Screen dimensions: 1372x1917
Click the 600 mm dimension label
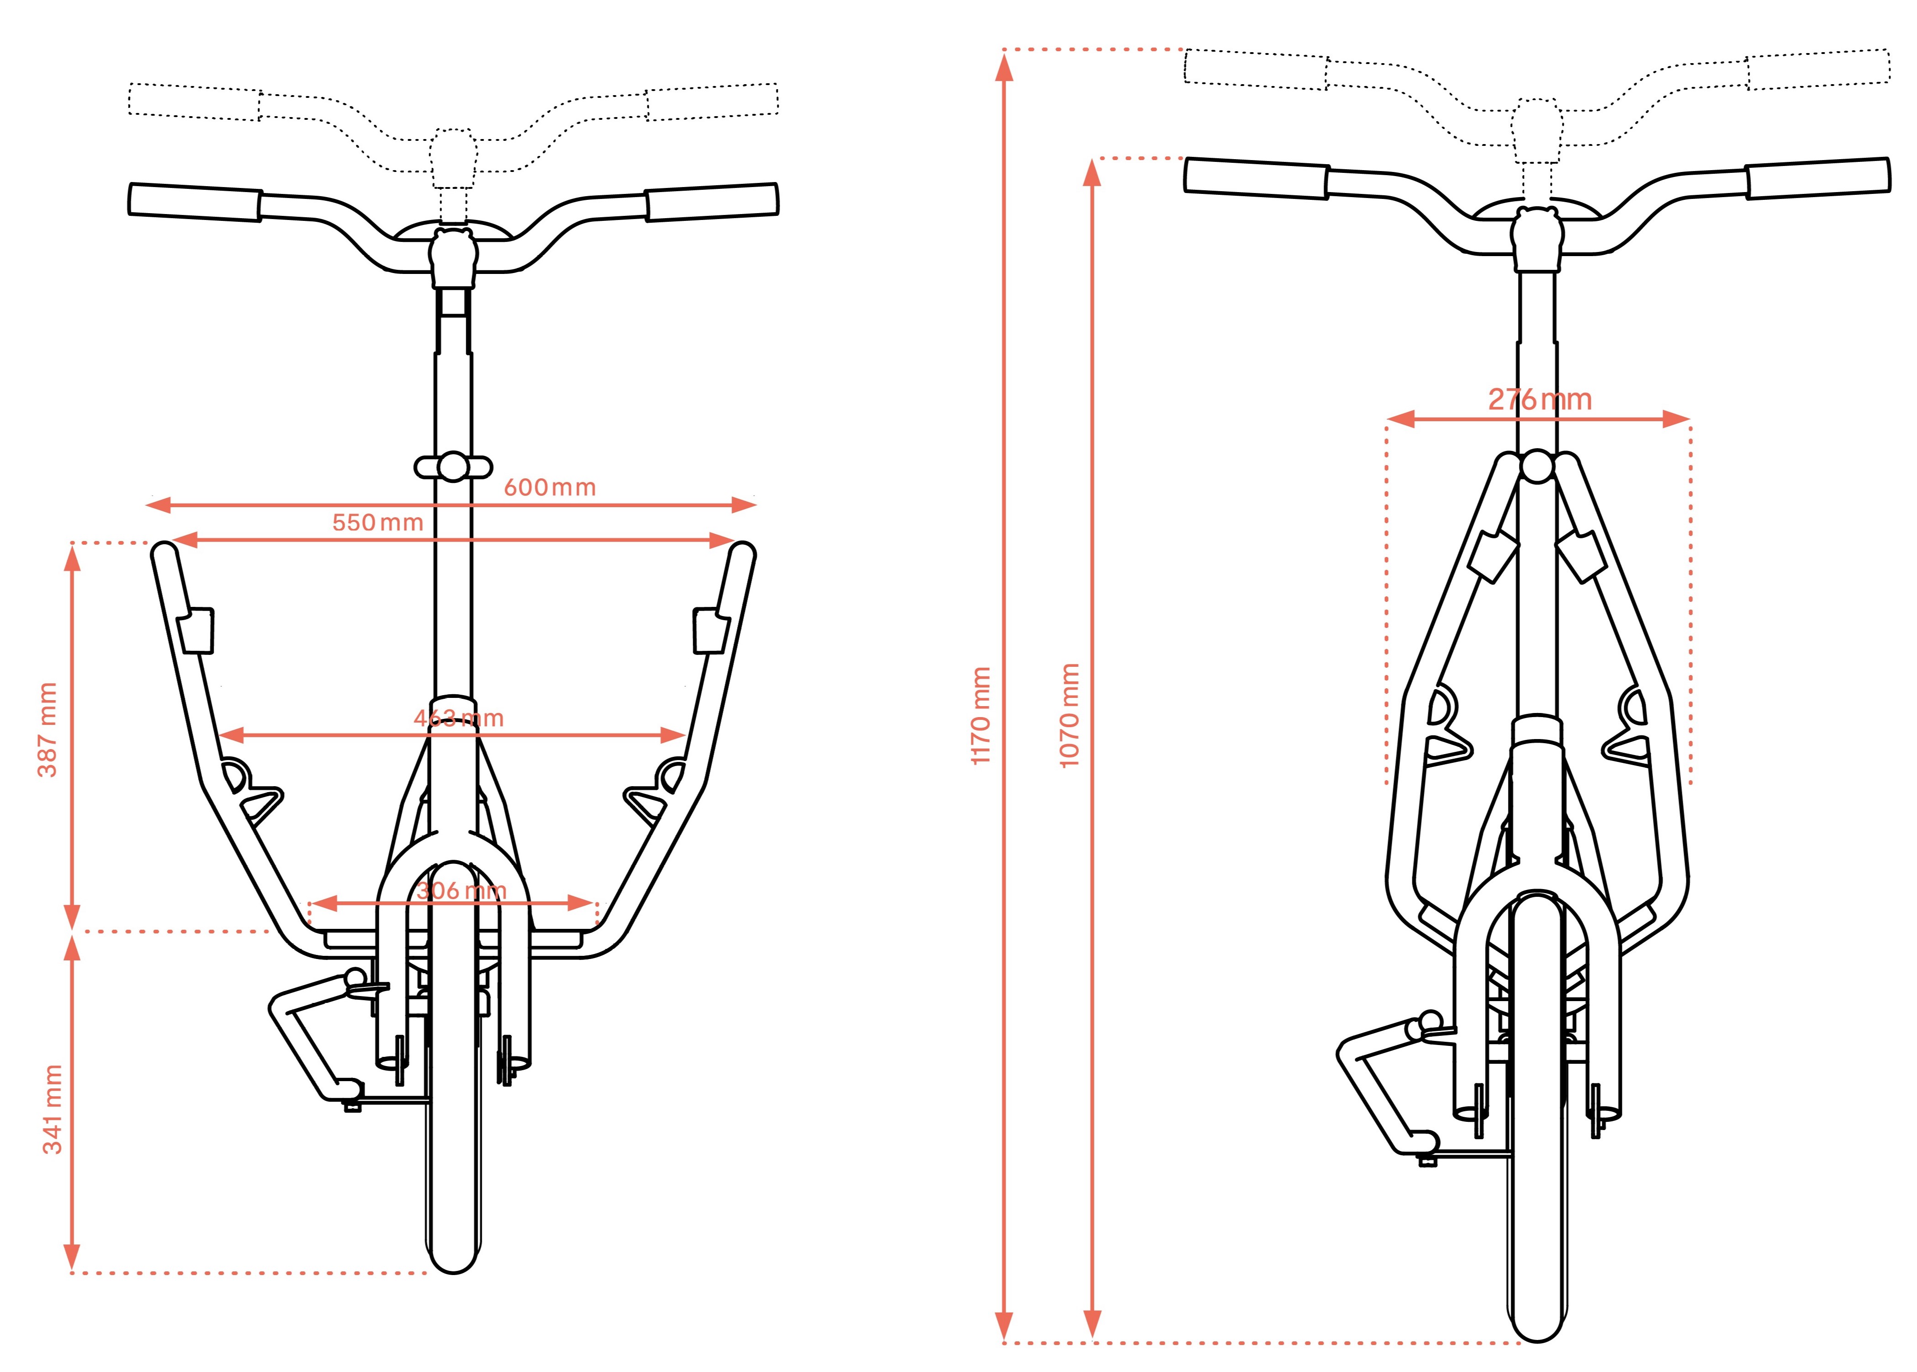[x=549, y=488]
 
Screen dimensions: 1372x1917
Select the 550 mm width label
[x=378, y=522]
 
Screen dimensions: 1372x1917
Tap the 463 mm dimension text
[x=459, y=718]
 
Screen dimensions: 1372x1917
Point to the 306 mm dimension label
[x=462, y=890]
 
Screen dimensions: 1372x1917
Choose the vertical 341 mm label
[x=53, y=1109]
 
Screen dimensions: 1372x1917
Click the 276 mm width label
[x=1540, y=400]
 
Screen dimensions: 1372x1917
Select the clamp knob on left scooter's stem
[x=454, y=466]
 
